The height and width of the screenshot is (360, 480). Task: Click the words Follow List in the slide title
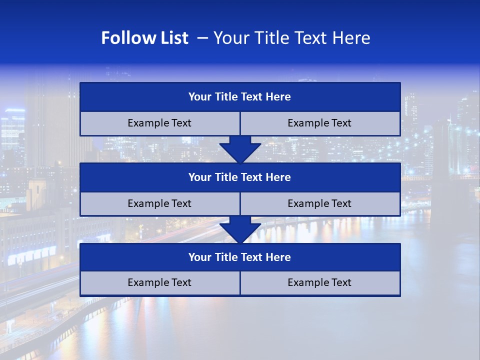144,38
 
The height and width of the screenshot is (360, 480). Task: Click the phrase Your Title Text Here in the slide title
291,38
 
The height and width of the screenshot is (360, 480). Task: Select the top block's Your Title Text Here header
239,97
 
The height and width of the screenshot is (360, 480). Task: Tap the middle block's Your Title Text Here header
239,177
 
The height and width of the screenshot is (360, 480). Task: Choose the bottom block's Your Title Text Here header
239,257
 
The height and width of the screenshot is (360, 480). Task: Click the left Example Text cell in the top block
159,123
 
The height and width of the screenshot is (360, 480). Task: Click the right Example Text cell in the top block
319,123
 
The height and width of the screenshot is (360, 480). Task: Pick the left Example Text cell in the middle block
159,204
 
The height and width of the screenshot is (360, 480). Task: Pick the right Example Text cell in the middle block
319,204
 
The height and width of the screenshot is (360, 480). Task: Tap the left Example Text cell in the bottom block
159,283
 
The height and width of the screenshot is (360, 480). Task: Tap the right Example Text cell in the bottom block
319,283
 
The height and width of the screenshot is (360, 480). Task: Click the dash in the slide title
202,38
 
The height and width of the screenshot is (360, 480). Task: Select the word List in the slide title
172,38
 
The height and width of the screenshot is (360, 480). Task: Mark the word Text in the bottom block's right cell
340,283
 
